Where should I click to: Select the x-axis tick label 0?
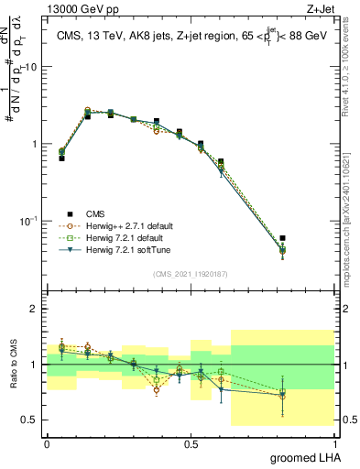pyautogui.click(x=47, y=442)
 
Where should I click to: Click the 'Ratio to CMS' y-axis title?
pyautogui.click(x=14, y=365)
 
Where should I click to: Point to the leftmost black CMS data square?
pyautogui.click(x=61, y=158)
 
